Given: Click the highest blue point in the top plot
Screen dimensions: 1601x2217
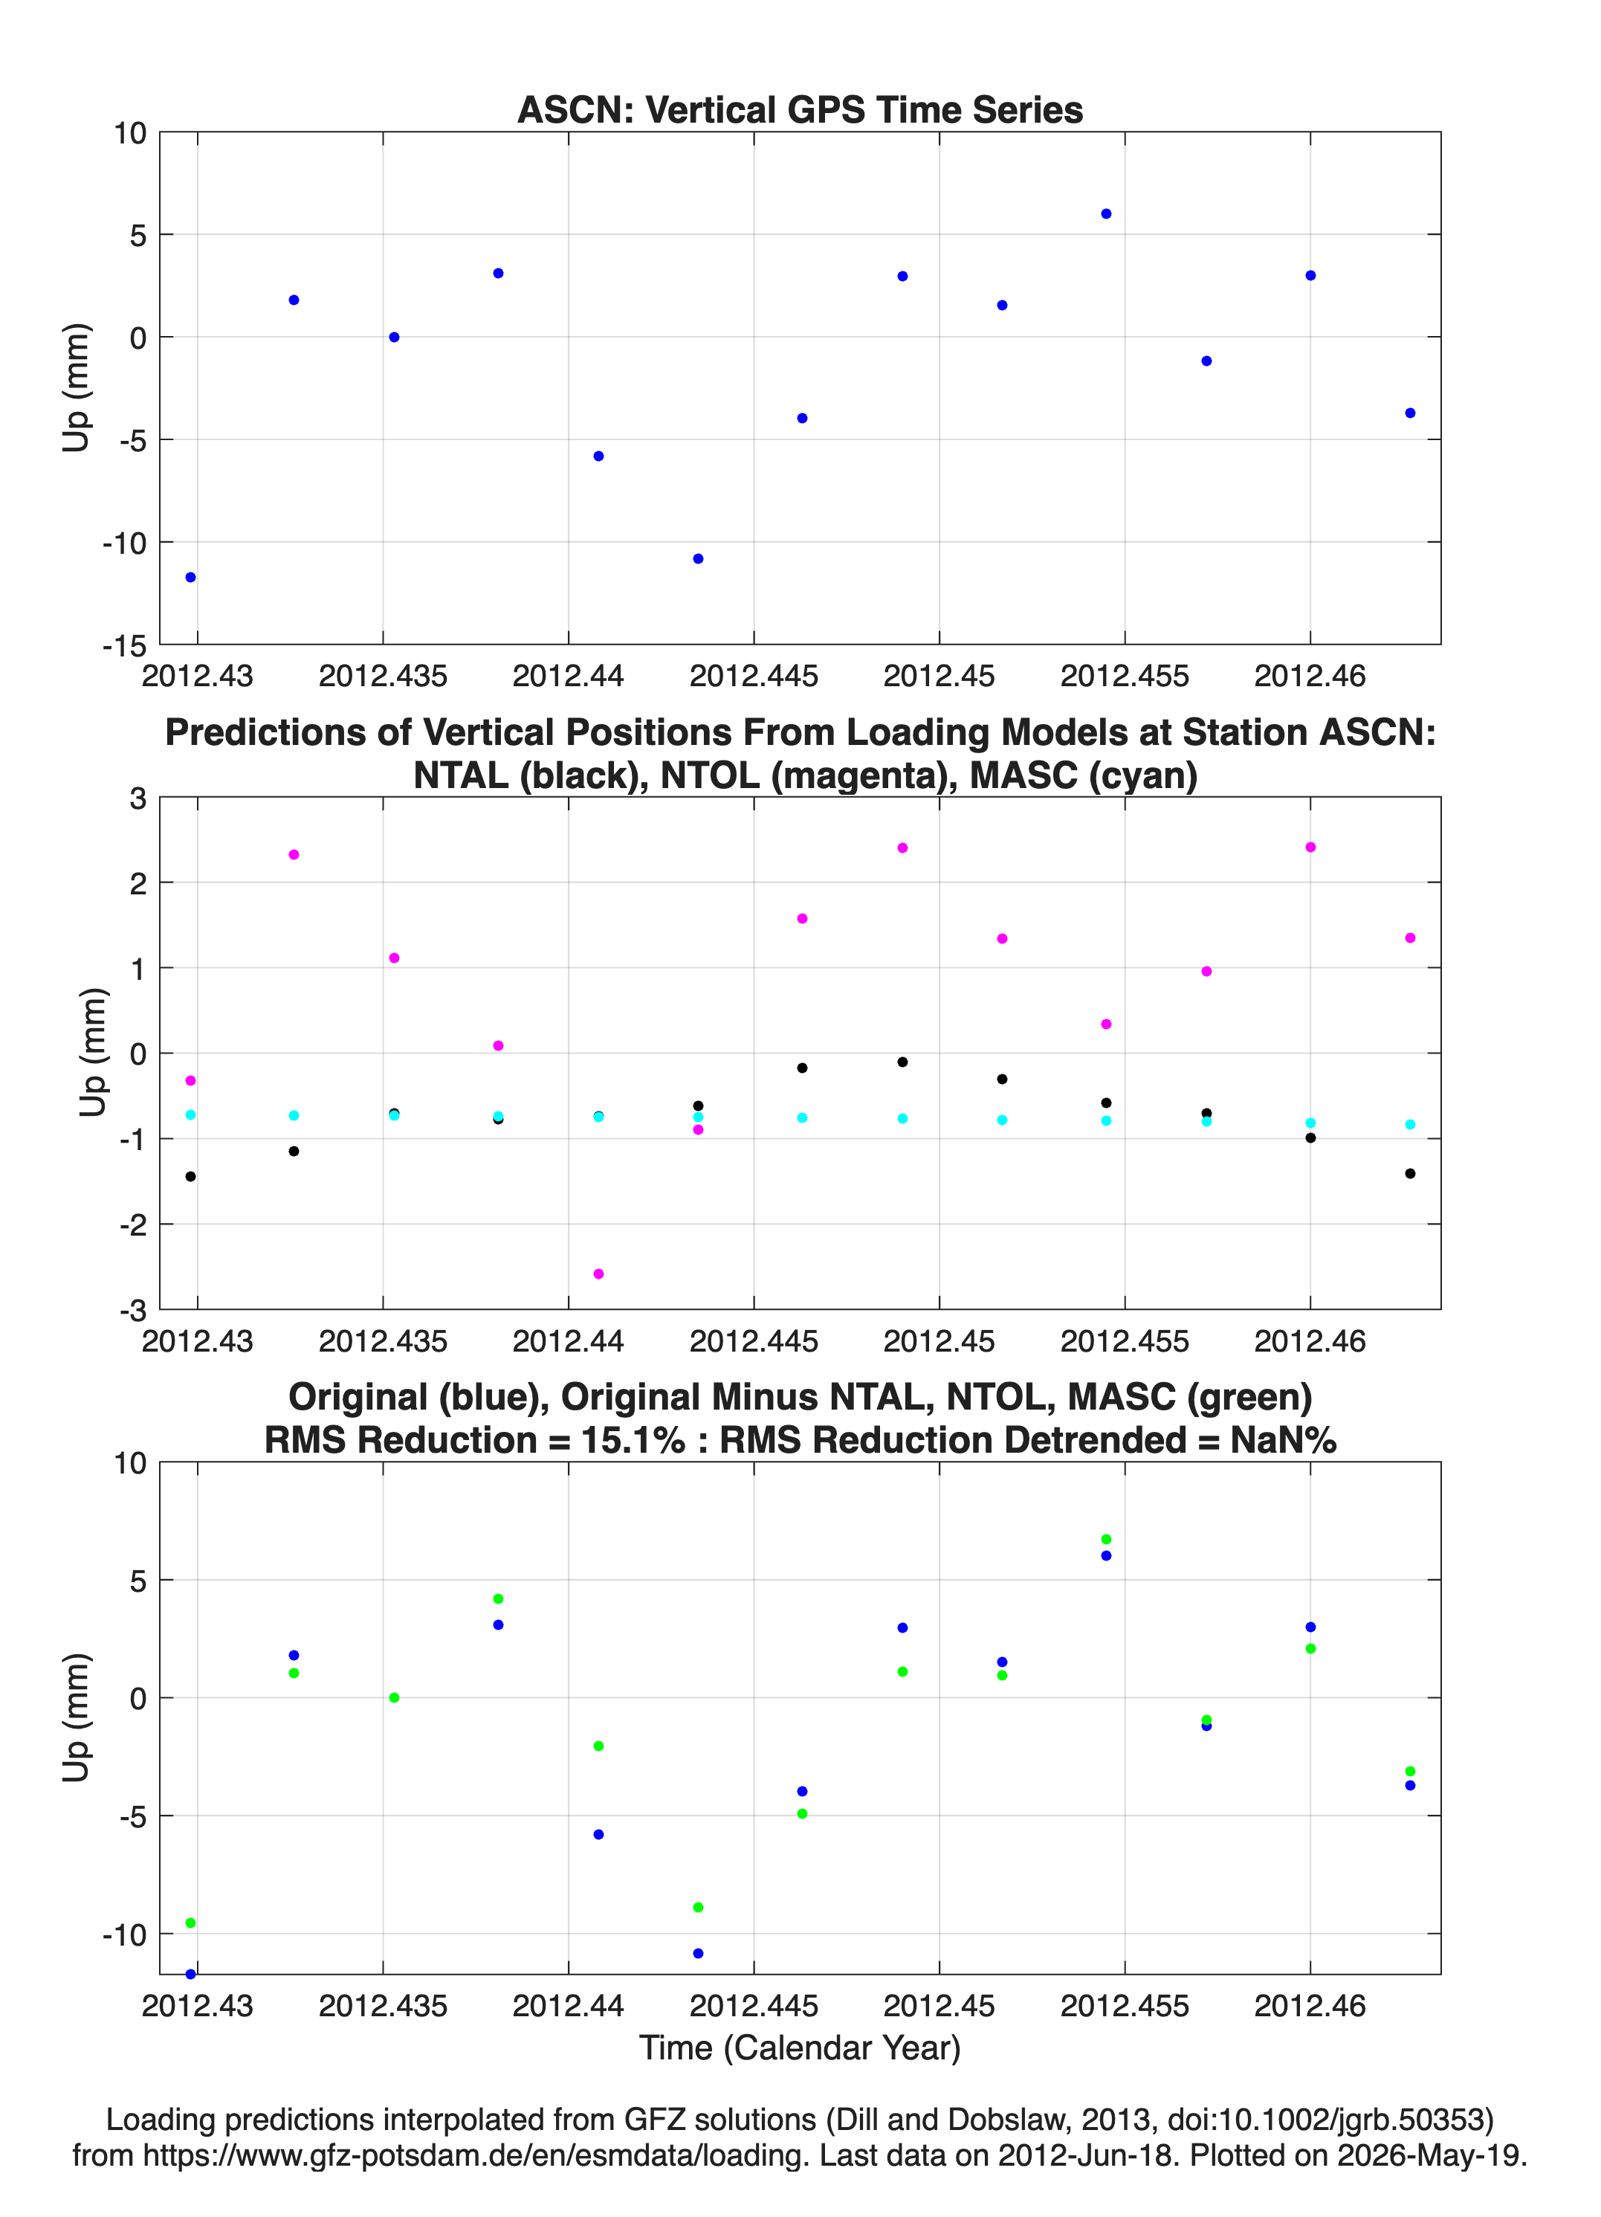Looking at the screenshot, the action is tap(1105, 214).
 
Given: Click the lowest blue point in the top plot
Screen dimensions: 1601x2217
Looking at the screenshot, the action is tap(190, 578).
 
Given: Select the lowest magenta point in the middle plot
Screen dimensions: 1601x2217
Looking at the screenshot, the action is tap(598, 1274).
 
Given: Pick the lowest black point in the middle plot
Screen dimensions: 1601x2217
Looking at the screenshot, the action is tap(190, 1176).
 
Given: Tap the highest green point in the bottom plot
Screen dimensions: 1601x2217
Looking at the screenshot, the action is tap(1105, 1540).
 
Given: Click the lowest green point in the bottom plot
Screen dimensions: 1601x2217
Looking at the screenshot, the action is tap(190, 1923).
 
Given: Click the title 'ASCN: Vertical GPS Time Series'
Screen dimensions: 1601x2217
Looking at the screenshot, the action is tap(800, 109).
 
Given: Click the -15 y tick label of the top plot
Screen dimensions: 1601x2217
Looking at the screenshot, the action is tap(124, 645).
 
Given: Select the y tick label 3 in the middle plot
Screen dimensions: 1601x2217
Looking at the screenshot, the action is tap(138, 798).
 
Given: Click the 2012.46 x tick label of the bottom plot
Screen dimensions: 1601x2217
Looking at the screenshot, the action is tap(1310, 2005).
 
